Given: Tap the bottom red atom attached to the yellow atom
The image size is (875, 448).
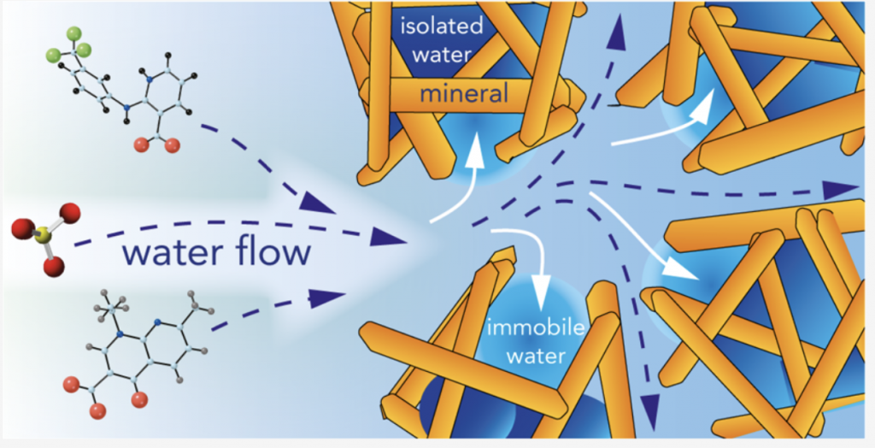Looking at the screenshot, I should (x=54, y=267).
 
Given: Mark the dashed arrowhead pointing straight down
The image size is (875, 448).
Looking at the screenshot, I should (x=653, y=398).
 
